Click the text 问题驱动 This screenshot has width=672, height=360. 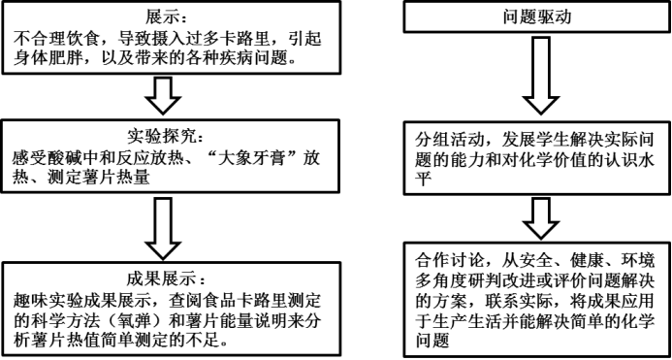pos(537,17)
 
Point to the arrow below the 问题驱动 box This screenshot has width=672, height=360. pos(541,76)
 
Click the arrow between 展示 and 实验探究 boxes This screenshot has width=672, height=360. pos(164,96)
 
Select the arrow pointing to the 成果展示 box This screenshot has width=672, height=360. pos(164,228)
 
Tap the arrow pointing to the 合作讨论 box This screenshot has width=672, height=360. pos(541,218)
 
